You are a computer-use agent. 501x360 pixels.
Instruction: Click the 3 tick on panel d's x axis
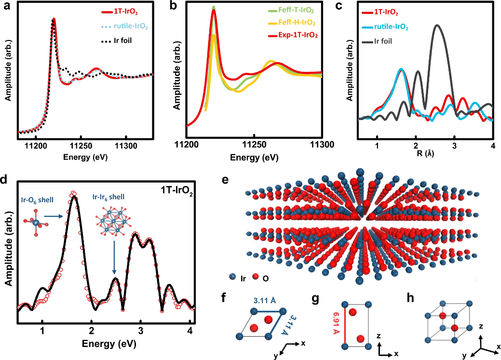pos(140,331)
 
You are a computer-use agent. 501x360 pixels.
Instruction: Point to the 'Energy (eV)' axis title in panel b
pos(254,157)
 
